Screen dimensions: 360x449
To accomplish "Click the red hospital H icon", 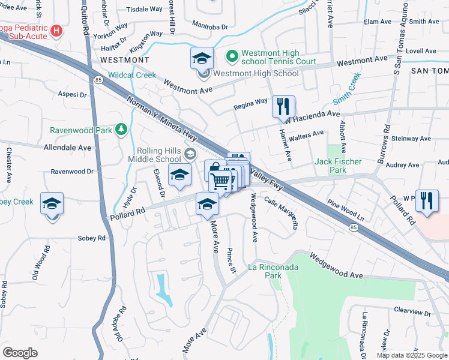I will [x=57, y=30].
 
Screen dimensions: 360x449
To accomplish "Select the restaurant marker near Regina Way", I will [x=283, y=107].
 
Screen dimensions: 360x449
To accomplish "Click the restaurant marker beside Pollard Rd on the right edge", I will [x=427, y=201].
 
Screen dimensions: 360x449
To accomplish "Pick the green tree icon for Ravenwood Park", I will [x=121, y=129].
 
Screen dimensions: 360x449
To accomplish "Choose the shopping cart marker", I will [x=221, y=180].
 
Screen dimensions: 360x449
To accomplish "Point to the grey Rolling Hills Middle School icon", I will [x=190, y=154].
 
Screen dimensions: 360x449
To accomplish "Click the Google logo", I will [x=20, y=353].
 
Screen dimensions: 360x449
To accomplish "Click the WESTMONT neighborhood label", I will [x=124, y=60].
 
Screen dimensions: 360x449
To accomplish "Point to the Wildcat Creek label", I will [x=131, y=75].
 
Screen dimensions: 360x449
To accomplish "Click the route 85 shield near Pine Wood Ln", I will [x=354, y=226].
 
